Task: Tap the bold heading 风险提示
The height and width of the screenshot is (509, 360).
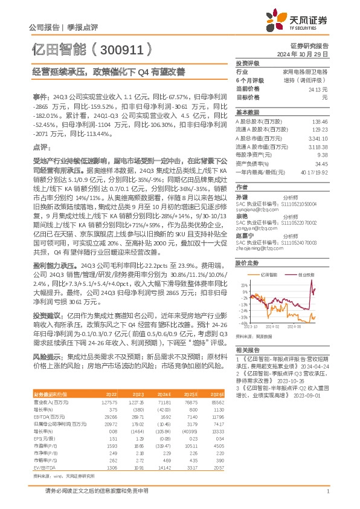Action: tap(48, 357)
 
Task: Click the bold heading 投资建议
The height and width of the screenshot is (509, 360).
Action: tap(48, 315)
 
